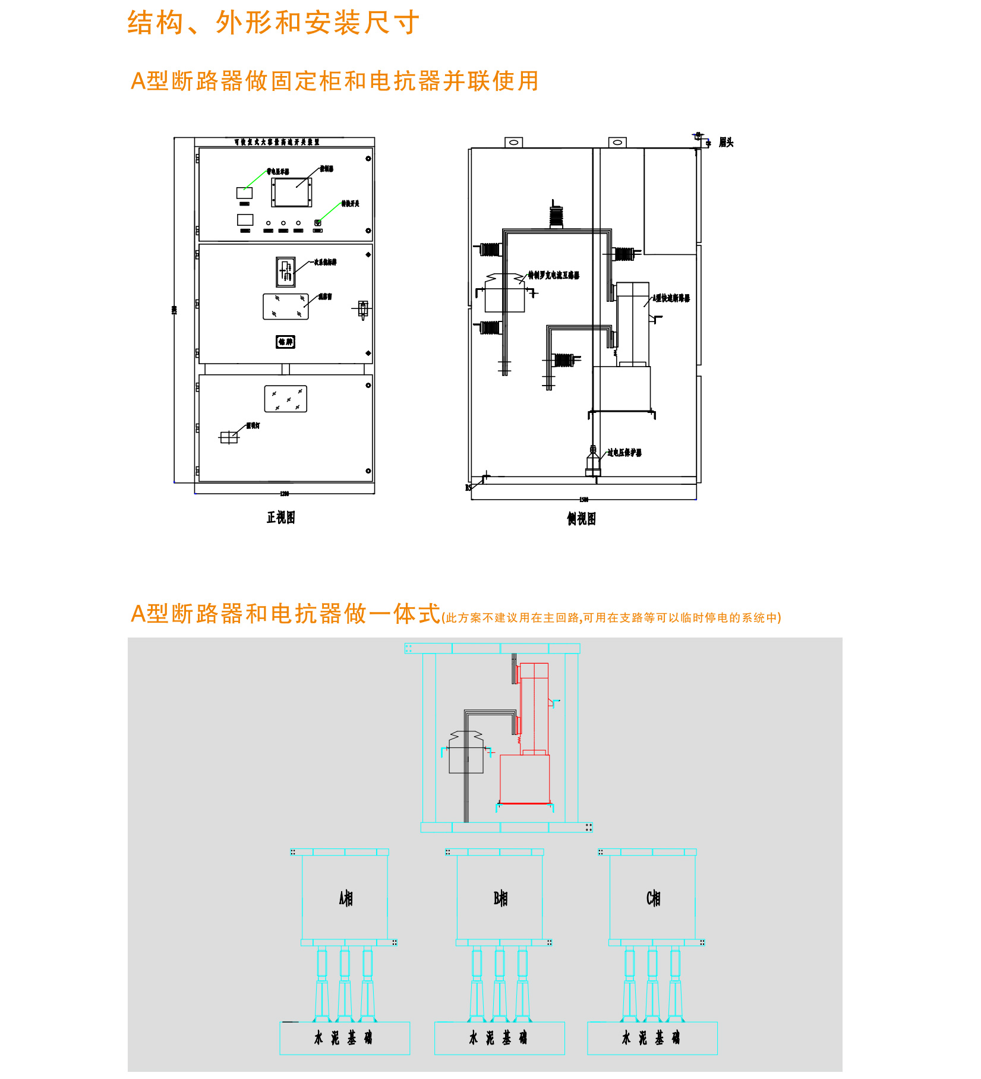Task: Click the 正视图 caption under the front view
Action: click(280, 518)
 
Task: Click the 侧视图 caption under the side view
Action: click(581, 519)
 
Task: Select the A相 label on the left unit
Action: click(346, 898)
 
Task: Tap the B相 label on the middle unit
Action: click(500, 898)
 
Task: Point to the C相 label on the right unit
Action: click(653, 898)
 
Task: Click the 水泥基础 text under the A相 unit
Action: click(343, 1038)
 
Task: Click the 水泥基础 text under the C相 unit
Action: click(651, 1038)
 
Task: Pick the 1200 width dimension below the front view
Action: click(285, 494)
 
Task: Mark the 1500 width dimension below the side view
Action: click(583, 500)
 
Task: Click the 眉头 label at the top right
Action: click(726, 143)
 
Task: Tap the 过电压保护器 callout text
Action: click(624, 453)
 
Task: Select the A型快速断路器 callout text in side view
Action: click(671, 298)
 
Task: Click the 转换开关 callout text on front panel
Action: click(350, 204)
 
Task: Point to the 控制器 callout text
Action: click(327, 169)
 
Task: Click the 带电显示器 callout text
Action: click(277, 172)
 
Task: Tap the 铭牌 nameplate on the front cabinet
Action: click(285, 342)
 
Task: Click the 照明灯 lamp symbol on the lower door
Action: click(229, 437)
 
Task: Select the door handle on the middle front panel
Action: click(363, 309)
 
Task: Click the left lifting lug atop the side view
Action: click(513, 143)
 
